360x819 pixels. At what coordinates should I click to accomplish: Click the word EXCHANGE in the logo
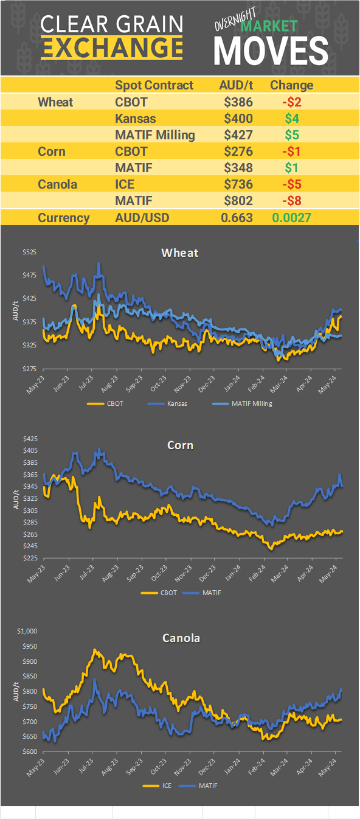click(x=112, y=47)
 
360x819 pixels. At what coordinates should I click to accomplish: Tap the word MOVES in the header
click(x=271, y=51)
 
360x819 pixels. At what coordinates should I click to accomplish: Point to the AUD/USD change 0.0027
click(x=292, y=218)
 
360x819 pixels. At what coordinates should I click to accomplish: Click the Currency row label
click(x=64, y=218)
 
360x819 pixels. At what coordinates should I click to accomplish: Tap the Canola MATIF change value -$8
click(x=291, y=201)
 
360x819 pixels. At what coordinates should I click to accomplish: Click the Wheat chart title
click(x=180, y=253)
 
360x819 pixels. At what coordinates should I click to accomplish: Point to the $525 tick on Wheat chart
click(x=30, y=253)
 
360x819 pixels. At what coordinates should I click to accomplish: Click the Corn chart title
click(x=180, y=445)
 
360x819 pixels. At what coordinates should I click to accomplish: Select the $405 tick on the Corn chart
click(x=30, y=450)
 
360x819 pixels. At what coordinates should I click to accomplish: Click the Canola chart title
click(x=181, y=638)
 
